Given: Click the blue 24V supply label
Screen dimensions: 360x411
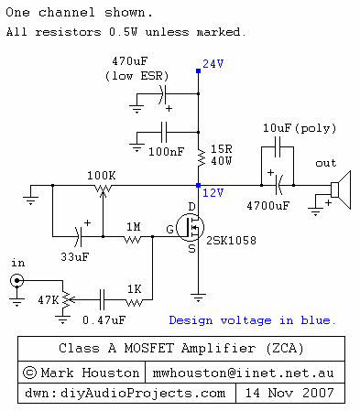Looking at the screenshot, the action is [x=213, y=64].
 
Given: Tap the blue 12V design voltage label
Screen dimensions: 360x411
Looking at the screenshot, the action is [x=213, y=193].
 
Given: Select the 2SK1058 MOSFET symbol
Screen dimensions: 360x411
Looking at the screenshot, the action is [x=191, y=227].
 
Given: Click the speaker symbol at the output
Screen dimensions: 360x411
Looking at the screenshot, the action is [x=341, y=189].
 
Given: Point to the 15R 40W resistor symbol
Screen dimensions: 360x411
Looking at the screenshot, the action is [x=201, y=157].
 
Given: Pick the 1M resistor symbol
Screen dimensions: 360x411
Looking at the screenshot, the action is [x=133, y=240].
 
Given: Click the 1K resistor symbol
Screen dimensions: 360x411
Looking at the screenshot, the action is [x=134, y=302].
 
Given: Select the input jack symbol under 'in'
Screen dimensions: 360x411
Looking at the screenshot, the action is [x=16, y=281].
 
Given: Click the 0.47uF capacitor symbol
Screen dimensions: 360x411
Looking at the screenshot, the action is [x=102, y=300].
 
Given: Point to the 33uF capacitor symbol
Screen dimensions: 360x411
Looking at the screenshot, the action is [x=78, y=236].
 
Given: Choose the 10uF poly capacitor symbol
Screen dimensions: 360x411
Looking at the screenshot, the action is [x=278, y=146].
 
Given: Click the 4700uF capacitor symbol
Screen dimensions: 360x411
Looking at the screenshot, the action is [x=278, y=185].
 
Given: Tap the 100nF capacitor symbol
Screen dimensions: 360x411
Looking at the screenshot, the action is [x=164, y=132].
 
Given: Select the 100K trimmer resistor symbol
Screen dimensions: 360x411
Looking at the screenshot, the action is [x=103, y=189].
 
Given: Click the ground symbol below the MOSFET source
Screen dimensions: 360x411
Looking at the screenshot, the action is [x=198, y=297].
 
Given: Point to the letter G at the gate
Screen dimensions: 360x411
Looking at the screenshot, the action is [x=170, y=229].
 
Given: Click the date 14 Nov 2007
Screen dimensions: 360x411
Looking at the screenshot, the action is [x=289, y=393].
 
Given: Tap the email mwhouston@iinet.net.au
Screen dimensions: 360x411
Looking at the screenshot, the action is [x=243, y=373].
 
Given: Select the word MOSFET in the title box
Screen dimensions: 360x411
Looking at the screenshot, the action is [x=149, y=348].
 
